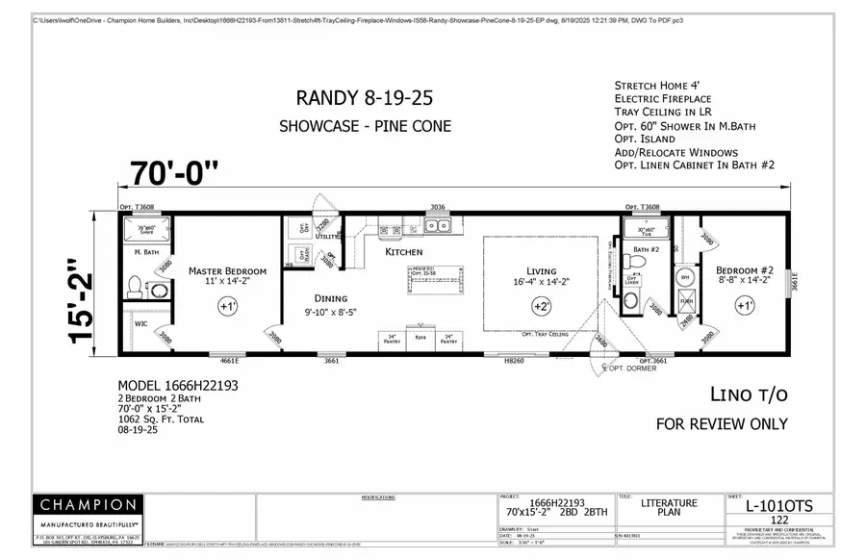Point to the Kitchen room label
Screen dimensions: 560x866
pyautogui.click(x=404, y=252)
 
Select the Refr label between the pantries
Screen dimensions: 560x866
pyautogui.click(x=420, y=338)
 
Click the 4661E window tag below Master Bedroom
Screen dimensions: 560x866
pyautogui.click(x=230, y=361)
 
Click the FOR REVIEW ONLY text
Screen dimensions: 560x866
pyautogui.click(x=721, y=423)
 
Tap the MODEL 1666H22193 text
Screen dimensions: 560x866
pyautogui.click(x=177, y=384)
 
